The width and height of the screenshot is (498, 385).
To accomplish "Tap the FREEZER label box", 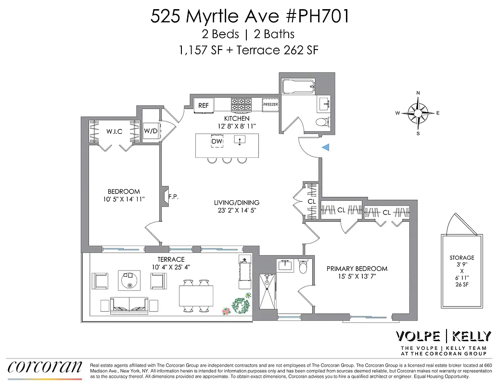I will [270, 104].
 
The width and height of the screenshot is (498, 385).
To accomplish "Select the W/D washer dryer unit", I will [151, 130].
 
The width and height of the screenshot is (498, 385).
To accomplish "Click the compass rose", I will [418, 113].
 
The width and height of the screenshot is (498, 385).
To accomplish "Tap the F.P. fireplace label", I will [174, 196].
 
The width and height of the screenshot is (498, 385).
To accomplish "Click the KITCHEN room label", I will [237, 118].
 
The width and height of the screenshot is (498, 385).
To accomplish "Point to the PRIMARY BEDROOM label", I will [357, 269].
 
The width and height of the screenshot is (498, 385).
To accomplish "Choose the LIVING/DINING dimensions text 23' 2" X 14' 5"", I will [237, 210].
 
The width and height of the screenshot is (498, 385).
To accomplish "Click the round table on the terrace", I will [129, 280].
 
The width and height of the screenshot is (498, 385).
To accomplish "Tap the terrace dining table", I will [196, 295].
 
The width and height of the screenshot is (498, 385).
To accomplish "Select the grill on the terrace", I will [244, 272].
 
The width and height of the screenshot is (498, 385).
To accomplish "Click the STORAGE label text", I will [462, 258].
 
